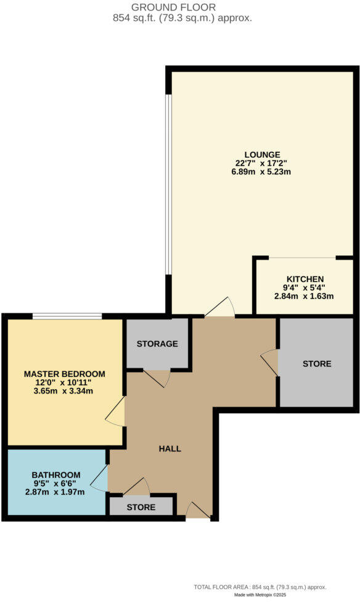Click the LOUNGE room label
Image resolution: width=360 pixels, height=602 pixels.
[x=262, y=154]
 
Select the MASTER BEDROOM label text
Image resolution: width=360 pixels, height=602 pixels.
[x=64, y=374]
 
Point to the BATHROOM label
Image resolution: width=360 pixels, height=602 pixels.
[x=55, y=475]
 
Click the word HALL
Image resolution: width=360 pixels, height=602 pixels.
[x=170, y=448]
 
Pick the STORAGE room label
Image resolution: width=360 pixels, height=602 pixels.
[x=157, y=344]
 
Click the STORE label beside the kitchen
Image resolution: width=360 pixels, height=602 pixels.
[x=317, y=364]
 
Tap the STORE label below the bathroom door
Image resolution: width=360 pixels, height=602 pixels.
[x=141, y=508]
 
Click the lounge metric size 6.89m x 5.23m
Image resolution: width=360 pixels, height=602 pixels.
[x=262, y=171]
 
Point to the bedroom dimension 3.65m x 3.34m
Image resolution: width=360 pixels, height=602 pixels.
[x=64, y=391]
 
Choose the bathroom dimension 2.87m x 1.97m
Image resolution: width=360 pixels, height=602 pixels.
[x=55, y=492]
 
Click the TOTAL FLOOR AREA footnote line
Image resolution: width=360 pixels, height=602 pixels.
[x=260, y=587]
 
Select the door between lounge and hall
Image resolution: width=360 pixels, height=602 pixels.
[x=220, y=308]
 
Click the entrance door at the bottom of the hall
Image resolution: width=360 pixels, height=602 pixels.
[x=198, y=511]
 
